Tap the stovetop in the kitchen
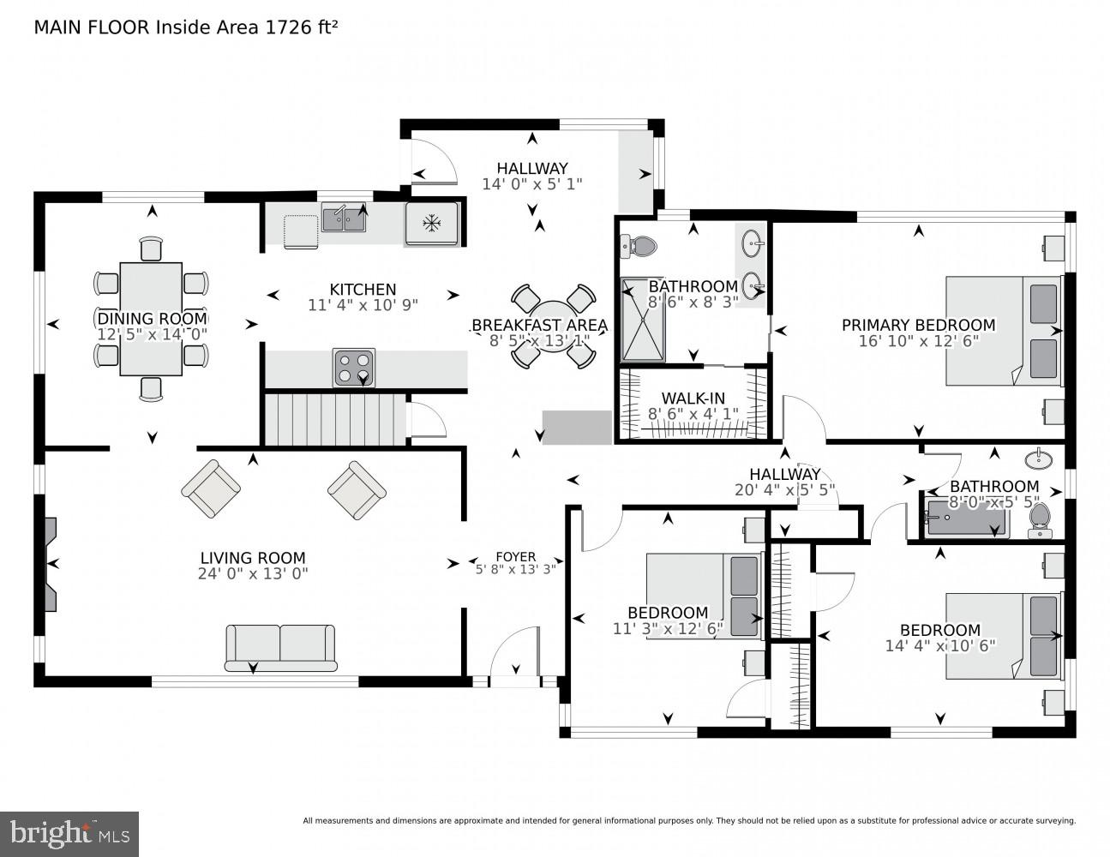coord(353,368)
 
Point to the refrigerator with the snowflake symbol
coord(432,224)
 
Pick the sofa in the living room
coord(280,648)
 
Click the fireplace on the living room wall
coord(51,564)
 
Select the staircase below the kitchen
coord(333,419)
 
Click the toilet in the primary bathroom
coord(639,247)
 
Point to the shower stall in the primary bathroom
coord(643,319)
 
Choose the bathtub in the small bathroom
coord(964,519)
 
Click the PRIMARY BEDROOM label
coord(918,325)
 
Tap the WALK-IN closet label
coord(693,399)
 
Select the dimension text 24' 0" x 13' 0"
coord(253,574)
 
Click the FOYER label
coord(515,556)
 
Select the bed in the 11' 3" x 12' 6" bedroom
coord(703,596)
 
